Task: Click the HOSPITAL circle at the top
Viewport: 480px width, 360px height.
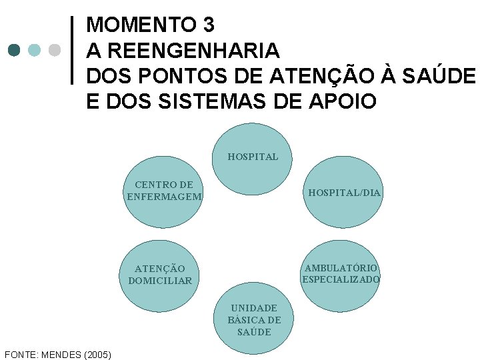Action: pyautogui.click(x=253, y=158)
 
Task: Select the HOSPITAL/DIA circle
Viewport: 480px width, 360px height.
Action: pyautogui.click(x=344, y=193)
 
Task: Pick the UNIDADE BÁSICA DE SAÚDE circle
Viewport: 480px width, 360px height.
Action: pyautogui.click(x=254, y=319)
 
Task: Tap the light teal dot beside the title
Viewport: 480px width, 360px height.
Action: pyautogui.click(x=35, y=50)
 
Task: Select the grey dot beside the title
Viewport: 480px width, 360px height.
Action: pyautogui.click(x=55, y=50)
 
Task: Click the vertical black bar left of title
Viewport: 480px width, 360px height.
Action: pyautogui.click(x=72, y=50)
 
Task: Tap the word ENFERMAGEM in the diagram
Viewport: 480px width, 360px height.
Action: pyautogui.click(x=164, y=197)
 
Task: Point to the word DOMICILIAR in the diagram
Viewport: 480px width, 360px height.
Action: pyautogui.click(x=160, y=281)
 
